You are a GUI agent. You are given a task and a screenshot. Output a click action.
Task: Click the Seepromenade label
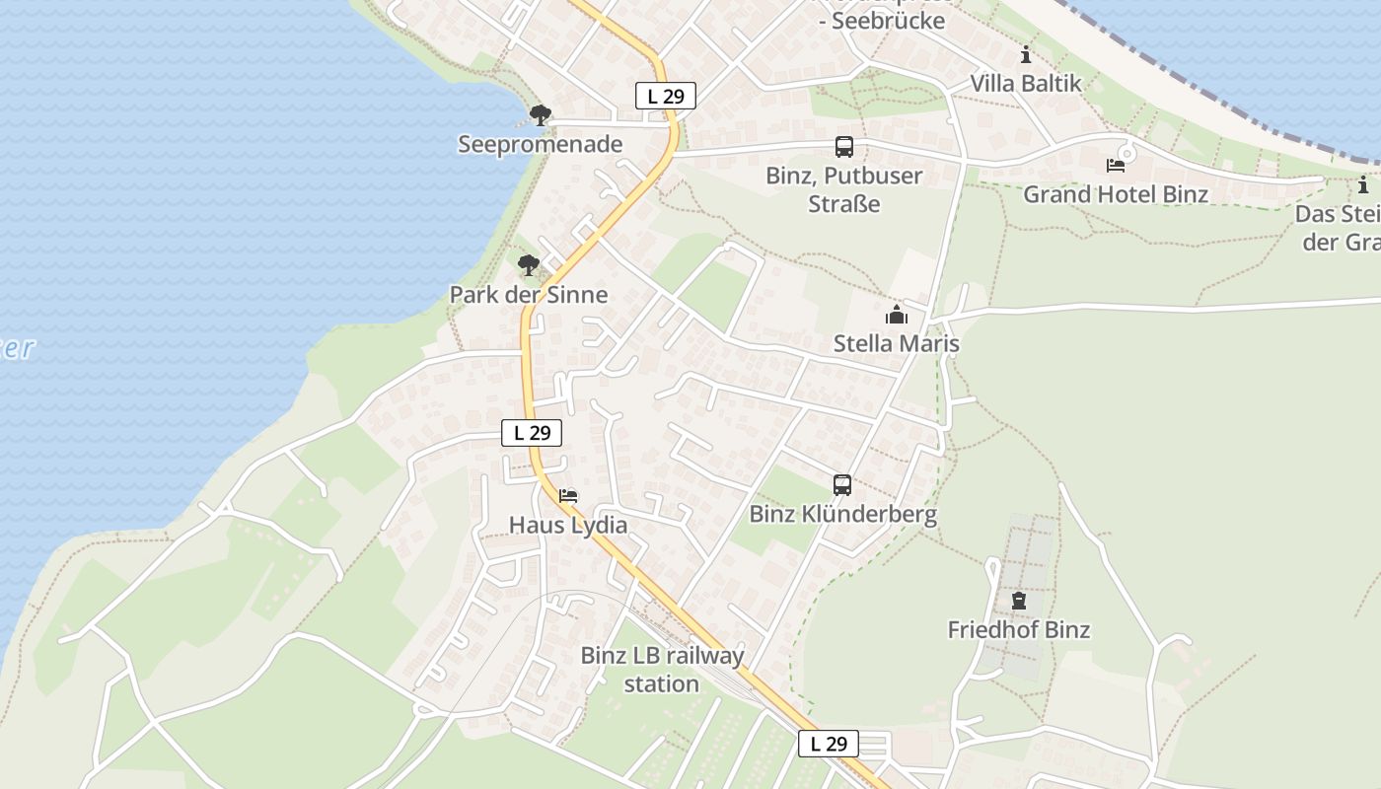coord(540,144)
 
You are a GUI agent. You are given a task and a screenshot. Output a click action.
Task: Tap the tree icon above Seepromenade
coord(540,115)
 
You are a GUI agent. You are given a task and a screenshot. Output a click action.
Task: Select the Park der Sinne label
coord(528,294)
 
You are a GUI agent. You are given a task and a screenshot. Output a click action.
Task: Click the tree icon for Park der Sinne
coord(529,264)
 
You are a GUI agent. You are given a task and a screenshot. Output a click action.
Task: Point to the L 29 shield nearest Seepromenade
coord(665,96)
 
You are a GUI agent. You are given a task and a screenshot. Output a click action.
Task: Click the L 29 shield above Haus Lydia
coord(532,432)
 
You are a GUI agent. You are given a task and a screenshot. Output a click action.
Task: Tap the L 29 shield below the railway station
coord(828,744)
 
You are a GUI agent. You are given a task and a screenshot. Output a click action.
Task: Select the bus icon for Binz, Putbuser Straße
coord(844,147)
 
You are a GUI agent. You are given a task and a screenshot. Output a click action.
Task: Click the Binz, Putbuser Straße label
coord(844,189)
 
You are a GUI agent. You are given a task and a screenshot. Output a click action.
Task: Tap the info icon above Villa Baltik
coord(1026,54)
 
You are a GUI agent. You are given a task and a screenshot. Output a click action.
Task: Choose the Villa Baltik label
coord(1026,83)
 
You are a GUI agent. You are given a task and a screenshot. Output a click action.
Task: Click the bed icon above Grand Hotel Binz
coord(1116,165)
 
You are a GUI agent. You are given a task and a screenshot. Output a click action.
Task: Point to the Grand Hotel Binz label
coord(1116,193)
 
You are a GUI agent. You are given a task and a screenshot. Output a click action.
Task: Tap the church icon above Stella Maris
coord(897,315)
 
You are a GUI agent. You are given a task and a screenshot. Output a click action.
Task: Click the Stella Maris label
coord(897,343)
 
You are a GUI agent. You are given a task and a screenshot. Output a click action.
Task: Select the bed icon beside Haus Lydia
coord(568,495)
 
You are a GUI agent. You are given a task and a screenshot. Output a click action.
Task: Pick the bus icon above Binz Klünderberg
coord(842,485)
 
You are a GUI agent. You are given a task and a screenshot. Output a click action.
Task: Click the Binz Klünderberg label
coord(842,514)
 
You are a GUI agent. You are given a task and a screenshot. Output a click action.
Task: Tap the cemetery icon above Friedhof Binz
coord(1019,600)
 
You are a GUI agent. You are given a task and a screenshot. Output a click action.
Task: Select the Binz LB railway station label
coord(662,669)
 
